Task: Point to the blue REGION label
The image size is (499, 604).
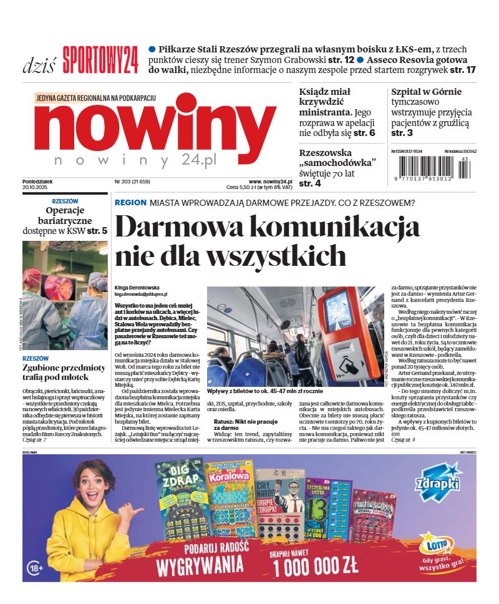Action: point(130,203)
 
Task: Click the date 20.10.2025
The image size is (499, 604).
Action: point(36,187)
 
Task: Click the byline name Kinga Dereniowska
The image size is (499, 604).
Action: point(138,287)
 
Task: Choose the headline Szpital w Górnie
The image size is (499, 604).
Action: point(427,92)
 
